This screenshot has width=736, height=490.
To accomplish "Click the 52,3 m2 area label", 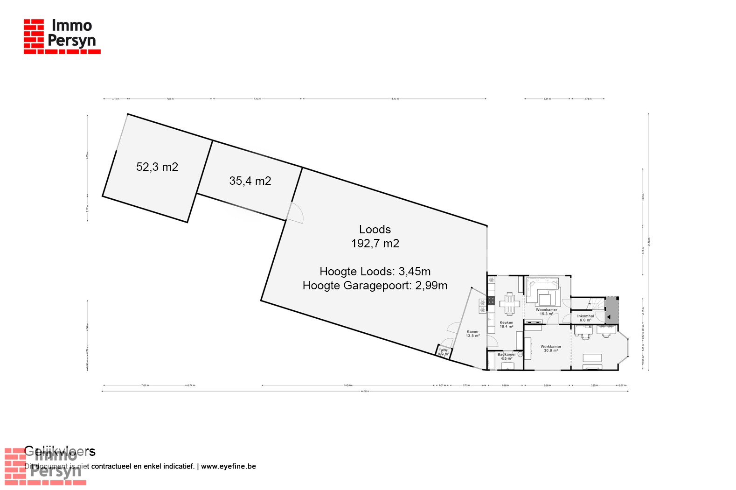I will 157,167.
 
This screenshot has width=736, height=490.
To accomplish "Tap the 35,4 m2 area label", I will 250,181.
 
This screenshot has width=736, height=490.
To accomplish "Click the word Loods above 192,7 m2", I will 375,229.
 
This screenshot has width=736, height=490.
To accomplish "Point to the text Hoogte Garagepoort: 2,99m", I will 375,286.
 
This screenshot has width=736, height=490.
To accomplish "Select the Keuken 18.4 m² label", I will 507,324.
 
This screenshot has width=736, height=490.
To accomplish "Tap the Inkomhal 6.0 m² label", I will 585,318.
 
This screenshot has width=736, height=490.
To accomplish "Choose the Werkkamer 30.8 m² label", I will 551,348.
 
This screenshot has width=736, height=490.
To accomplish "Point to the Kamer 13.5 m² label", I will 472,334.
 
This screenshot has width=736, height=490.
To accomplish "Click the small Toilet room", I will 444,352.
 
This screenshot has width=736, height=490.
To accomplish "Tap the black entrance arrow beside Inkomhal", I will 608,317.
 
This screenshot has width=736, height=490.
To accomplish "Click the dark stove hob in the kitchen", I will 491,301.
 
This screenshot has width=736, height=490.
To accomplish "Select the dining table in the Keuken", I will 510,304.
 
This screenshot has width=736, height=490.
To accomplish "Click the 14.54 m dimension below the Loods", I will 347,385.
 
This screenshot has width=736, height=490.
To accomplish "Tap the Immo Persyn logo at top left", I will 62,36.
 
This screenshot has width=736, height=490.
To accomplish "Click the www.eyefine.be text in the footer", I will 229,466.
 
